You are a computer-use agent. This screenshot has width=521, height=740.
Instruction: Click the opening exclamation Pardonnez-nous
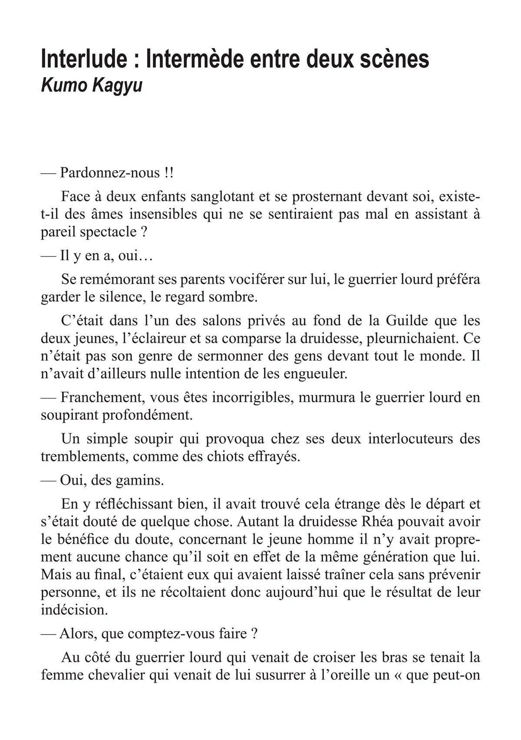(110, 173)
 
